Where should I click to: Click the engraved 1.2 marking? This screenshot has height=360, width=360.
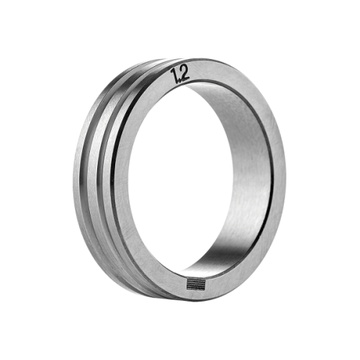[x=180, y=74]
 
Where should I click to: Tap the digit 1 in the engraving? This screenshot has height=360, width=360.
[x=174, y=76]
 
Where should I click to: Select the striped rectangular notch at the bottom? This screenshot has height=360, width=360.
[x=196, y=284]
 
